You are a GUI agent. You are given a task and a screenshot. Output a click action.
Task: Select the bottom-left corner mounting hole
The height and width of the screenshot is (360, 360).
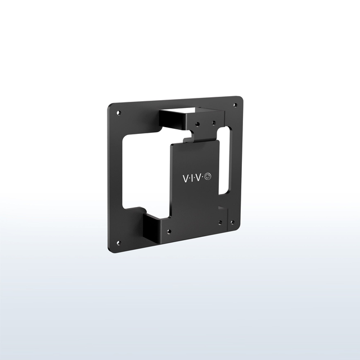pos(118,243)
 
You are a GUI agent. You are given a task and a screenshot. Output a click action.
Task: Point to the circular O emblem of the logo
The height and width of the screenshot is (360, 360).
pos(209,176)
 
